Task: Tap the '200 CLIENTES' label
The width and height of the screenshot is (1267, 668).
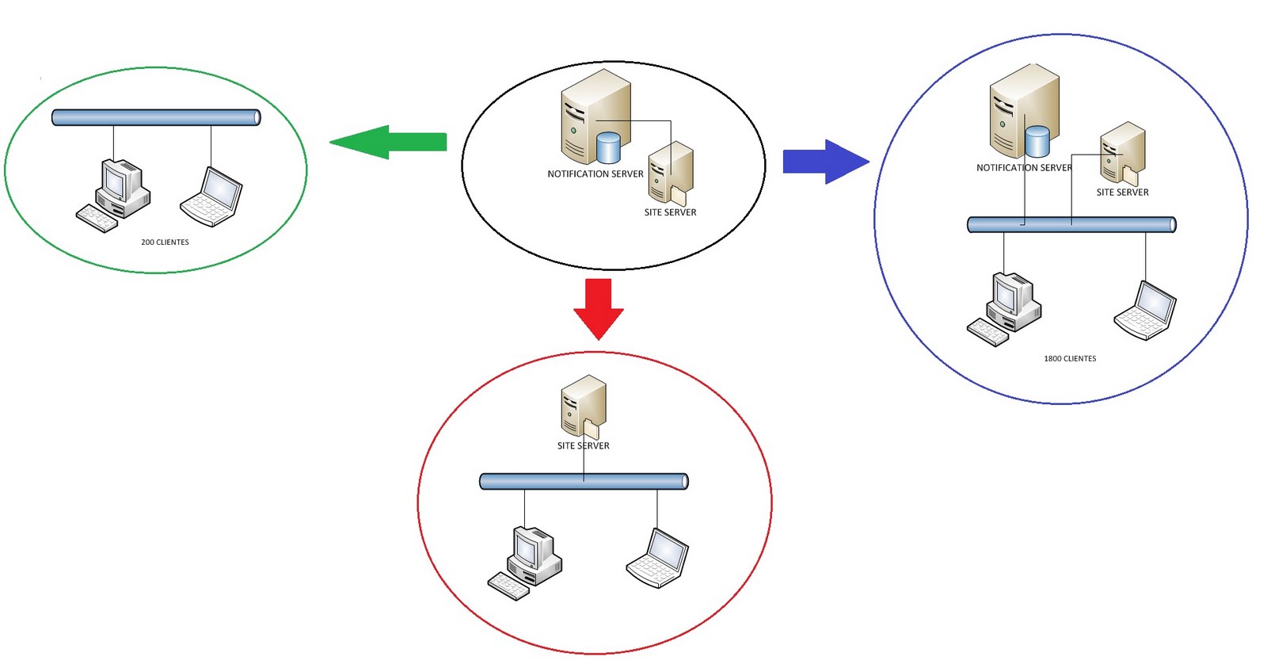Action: click(x=165, y=242)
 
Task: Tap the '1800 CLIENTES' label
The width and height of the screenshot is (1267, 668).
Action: click(x=1070, y=359)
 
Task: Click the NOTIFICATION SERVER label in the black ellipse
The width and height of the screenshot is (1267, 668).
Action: click(x=595, y=174)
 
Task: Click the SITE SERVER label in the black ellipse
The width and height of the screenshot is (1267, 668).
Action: click(x=670, y=212)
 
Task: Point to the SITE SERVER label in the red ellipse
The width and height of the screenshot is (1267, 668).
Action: click(x=583, y=446)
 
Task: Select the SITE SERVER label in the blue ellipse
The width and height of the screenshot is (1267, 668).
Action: click(x=1122, y=193)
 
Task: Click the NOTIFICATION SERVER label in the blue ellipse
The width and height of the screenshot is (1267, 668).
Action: click(x=1024, y=168)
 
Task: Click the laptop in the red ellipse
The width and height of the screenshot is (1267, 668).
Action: click(x=658, y=558)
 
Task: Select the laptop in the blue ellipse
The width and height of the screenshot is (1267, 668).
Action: click(x=1145, y=311)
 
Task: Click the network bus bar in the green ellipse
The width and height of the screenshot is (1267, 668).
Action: click(x=156, y=118)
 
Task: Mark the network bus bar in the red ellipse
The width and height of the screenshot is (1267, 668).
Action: click(x=584, y=481)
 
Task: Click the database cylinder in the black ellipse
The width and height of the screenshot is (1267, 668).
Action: click(x=608, y=147)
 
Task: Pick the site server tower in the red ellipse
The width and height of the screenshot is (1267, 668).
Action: click(x=583, y=406)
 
